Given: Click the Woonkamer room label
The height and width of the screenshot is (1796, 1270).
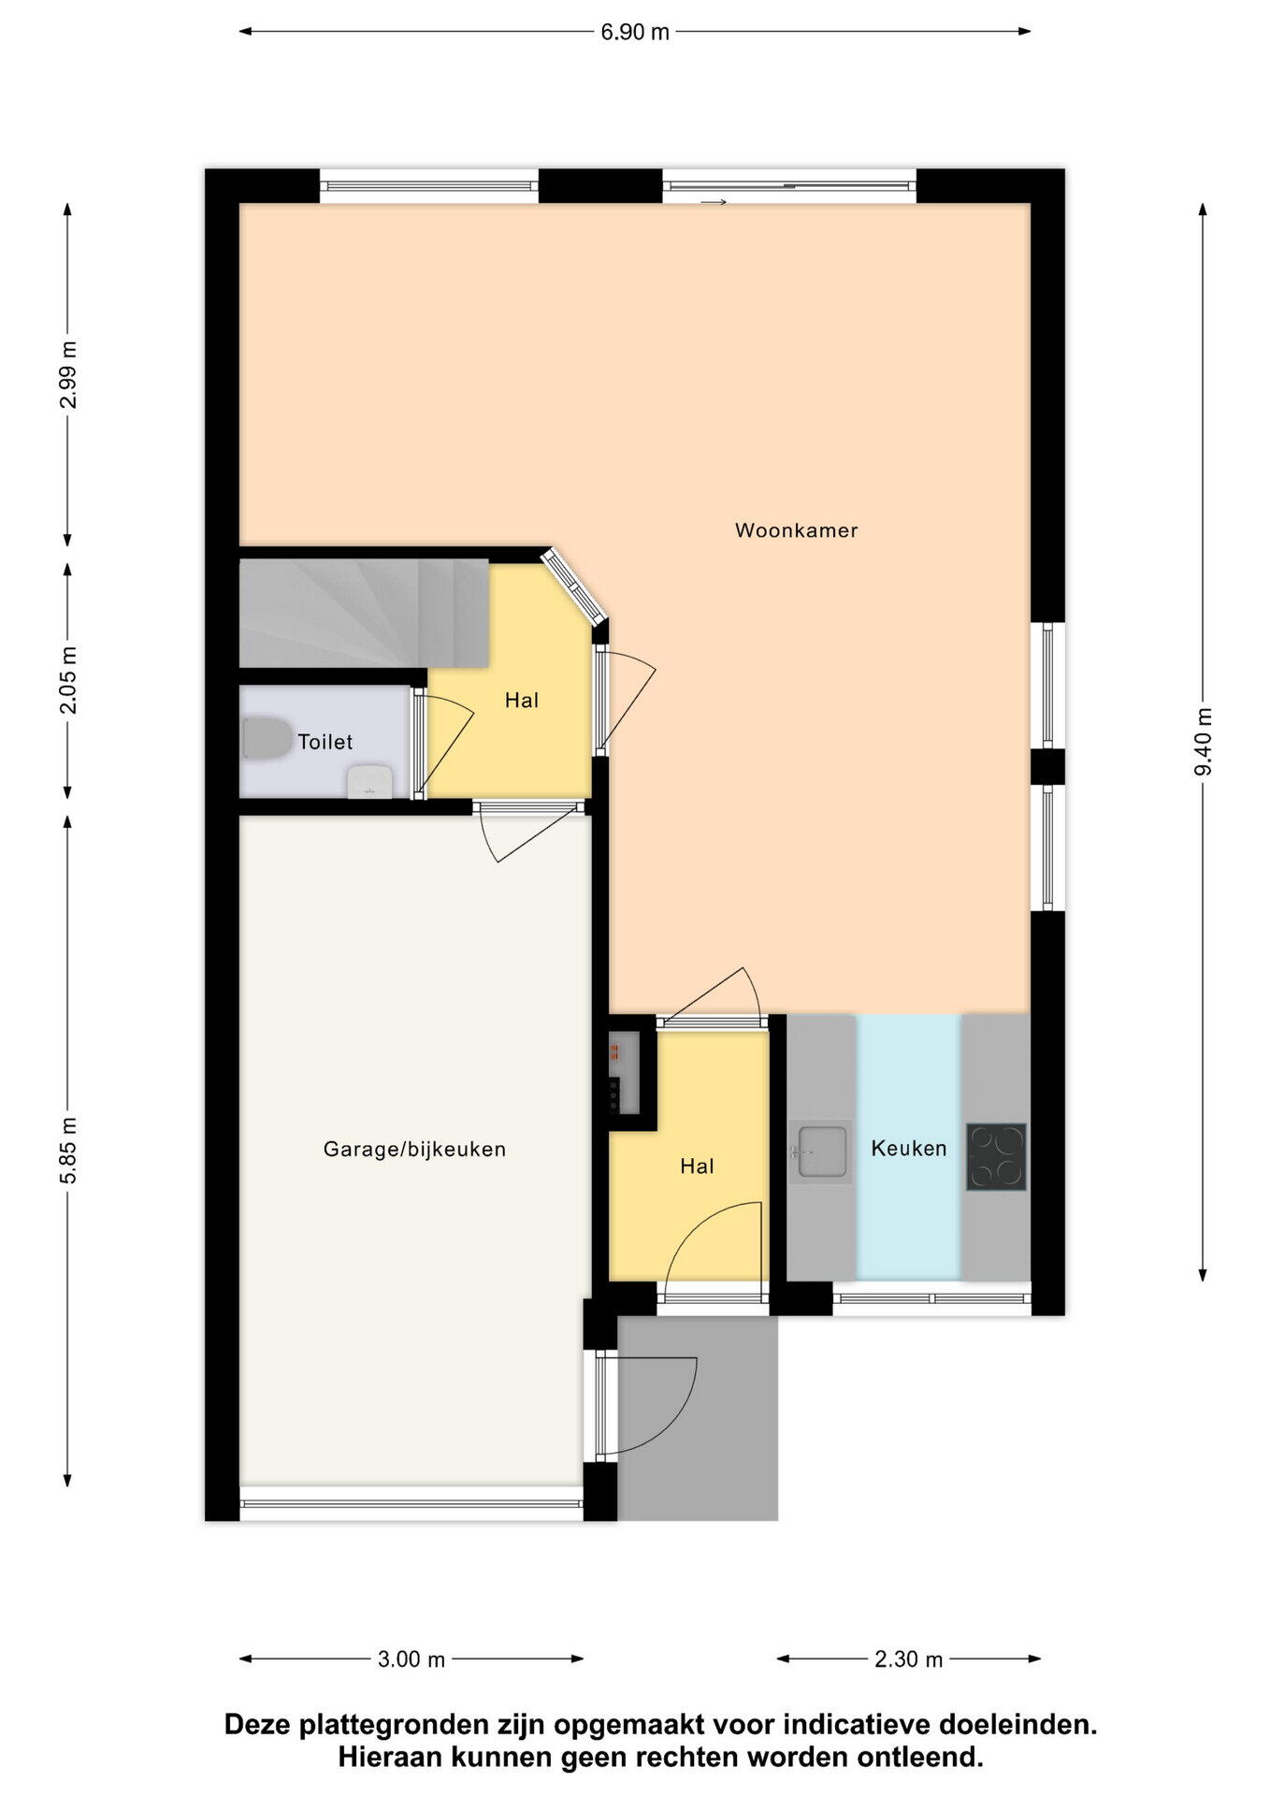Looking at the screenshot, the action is [796, 530].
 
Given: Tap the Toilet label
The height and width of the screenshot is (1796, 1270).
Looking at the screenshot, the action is [325, 742].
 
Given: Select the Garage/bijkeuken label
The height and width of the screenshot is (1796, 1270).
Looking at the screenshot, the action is [414, 1149].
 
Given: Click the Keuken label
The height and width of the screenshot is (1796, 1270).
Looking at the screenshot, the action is [909, 1148].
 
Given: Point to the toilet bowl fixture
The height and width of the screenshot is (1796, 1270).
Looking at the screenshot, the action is [267, 738].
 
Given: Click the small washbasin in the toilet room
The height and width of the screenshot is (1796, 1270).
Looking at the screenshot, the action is [370, 782].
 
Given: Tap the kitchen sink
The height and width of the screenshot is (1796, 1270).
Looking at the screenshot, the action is [821, 1151].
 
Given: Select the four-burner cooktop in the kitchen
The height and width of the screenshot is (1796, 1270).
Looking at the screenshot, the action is [996, 1156].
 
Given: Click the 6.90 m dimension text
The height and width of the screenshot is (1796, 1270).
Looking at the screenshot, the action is [635, 32].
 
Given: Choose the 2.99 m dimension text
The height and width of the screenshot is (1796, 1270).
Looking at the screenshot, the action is [68, 375].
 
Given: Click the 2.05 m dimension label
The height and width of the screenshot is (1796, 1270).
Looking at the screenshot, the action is [68, 680].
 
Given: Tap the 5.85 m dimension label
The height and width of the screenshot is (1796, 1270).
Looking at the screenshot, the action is [68, 1150].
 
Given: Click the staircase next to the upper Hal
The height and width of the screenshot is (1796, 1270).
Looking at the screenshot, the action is [365, 614].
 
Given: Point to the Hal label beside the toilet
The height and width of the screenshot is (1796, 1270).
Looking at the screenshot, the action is [522, 700].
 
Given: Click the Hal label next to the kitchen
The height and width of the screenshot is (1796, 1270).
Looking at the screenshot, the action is [697, 1166].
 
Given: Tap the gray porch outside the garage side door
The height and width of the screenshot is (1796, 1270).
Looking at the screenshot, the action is [698, 1417].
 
